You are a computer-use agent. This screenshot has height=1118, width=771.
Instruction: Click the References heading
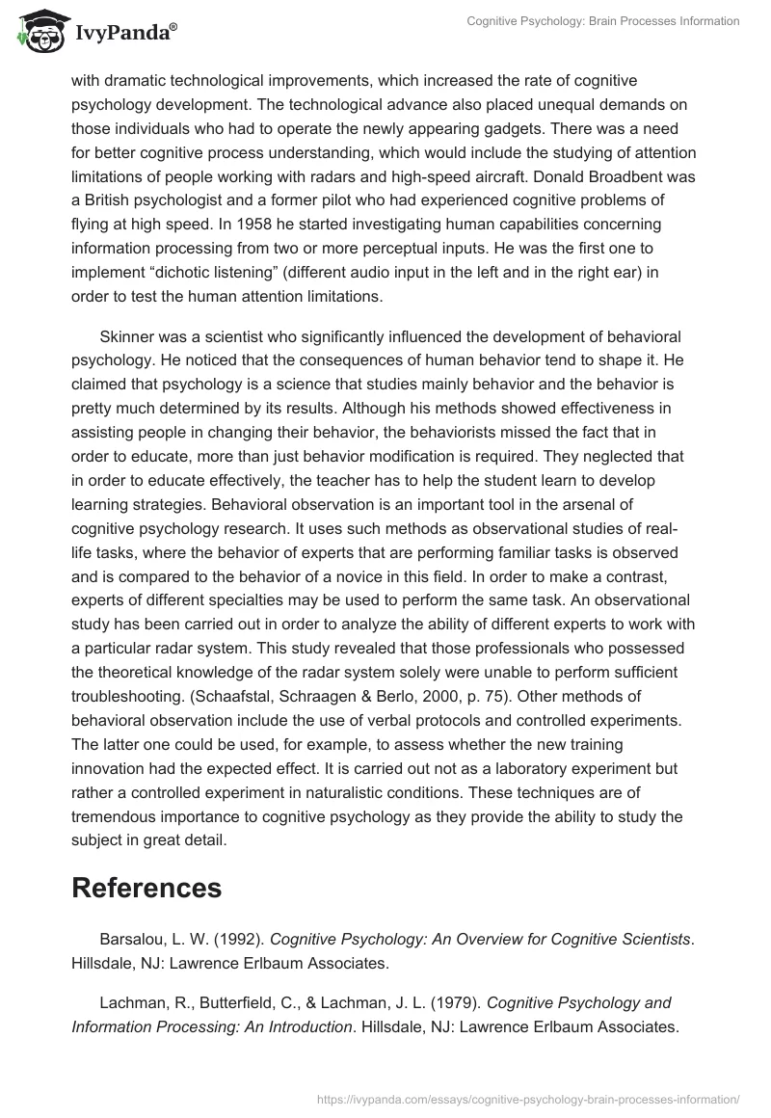(146, 888)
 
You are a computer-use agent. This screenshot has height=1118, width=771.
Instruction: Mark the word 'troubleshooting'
(126, 695)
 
